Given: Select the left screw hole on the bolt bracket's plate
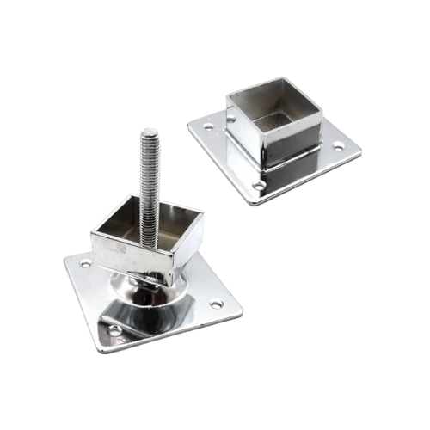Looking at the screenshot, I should [x=85, y=264].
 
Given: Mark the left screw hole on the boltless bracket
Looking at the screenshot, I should [x=208, y=127].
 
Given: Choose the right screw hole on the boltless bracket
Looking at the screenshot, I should [x=338, y=147].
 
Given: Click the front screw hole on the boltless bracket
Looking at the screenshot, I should [x=259, y=185].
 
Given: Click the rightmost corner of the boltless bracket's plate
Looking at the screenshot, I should [x=361, y=148].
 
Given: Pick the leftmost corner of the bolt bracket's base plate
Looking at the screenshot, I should [x=64, y=258].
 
